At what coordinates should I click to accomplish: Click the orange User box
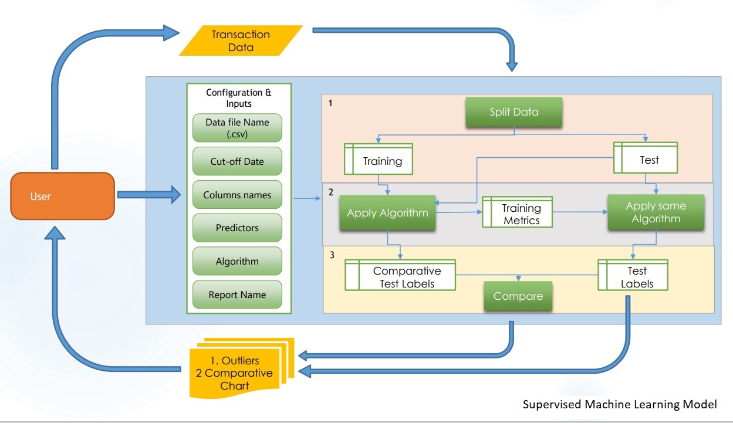tap(62, 196)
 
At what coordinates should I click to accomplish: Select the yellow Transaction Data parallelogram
tap(241, 40)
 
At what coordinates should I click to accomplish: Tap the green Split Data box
tap(514, 112)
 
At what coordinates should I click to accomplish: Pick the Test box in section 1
tap(646, 159)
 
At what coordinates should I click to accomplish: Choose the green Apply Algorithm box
tap(387, 213)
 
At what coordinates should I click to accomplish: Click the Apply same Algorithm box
tap(656, 212)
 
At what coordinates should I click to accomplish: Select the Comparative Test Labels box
tap(400, 277)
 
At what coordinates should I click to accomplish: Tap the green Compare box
tap(518, 296)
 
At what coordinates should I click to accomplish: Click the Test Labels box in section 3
tap(634, 277)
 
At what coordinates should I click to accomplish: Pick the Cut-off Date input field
tap(237, 162)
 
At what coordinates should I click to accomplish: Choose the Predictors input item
tap(237, 228)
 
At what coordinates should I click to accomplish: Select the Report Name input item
tap(237, 295)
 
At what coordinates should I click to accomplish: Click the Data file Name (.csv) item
tap(237, 128)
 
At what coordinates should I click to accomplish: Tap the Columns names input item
tap(237, 195)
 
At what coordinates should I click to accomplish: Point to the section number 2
tap(331, 192)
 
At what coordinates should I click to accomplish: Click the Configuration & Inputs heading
tap(238, 98)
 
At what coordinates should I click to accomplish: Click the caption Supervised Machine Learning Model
tap(620, 404)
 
